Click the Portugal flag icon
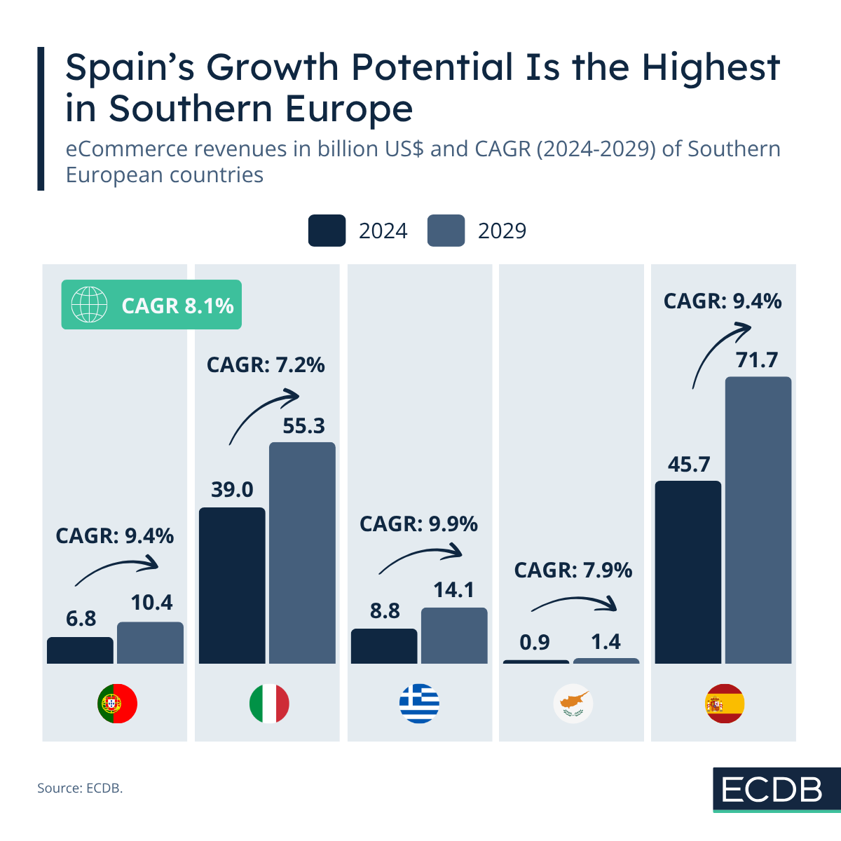(x=117, y=704)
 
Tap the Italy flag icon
(x=269, y=704)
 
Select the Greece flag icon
(x=419, y=704)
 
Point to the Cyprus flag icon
(x=573, y=704)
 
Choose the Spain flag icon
(x=724, y=704)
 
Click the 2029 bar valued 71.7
(x=758, y=520)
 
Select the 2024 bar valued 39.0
(x=232, y=585)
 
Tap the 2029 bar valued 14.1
(x=454, y=636)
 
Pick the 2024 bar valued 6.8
(x=80, y=650)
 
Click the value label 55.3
(x=303, y=425)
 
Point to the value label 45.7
(x=688, y=464)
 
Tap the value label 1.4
(x=606, y=642)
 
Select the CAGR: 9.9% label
(x=418, y=524)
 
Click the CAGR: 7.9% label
(x=573, y=570)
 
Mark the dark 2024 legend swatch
(x=327, y=231)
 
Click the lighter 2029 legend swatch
(x=446, y=231)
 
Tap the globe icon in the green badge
(x=89, y=305)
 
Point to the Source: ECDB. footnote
(x=80, y=788)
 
